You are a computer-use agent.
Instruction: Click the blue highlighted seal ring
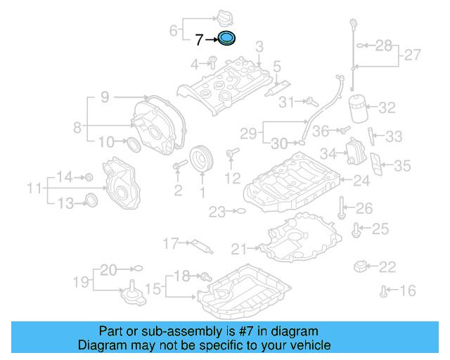pyautogui.click(x=227, y=39)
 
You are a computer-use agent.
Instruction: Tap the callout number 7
pyautogui.click(x=199, y=40)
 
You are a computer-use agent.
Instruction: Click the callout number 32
pyautogui.click(x=387, y=108)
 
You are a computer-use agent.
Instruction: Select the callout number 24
pyautogui.click(x=361, y=181)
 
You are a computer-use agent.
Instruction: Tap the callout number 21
pyautogui.click(x=239, y=248)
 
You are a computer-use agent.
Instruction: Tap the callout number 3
pyautogui.click(x=259, y=47)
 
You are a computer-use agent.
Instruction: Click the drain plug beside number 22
pyautogui.click(x=362, y=266)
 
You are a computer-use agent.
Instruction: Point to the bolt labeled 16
pyautogui.click(x=384, y=289)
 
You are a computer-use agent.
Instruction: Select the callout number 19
pyautogui.click(x=81, y=282)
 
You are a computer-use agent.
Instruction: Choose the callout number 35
pyautogui.click(x=401, y=166)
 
